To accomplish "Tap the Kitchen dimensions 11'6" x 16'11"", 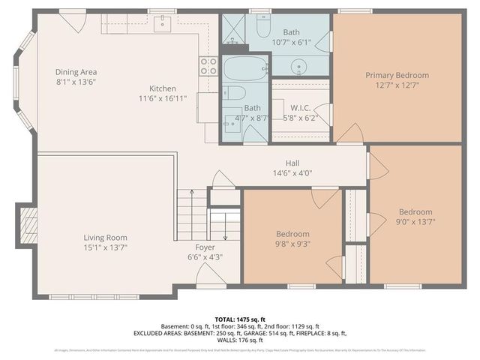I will pos(163,97).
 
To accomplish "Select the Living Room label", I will pos(105,238).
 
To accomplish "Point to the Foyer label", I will pos(205,247).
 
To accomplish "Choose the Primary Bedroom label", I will pos(397,75).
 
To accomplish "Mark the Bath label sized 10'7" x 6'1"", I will pos(291,32).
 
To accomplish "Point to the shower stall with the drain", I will pos(234,27).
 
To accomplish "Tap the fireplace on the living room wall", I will pos(28,225).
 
